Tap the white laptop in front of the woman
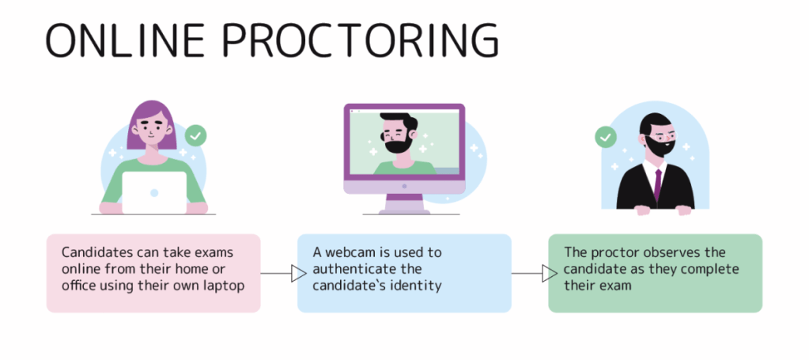[x=154, y=192]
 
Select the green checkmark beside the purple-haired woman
[x=195, y=136]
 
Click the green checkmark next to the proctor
[x=606, y=138]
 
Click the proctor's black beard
[x=657, y=147]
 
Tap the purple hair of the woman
[x=152, y=124]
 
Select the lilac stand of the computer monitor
[x=404, y=203]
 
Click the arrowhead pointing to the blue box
[x=299, y=274]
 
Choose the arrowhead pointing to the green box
[x=550, y=274]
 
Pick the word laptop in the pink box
[x=225, y=286]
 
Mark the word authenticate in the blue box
[x=352, y=269]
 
